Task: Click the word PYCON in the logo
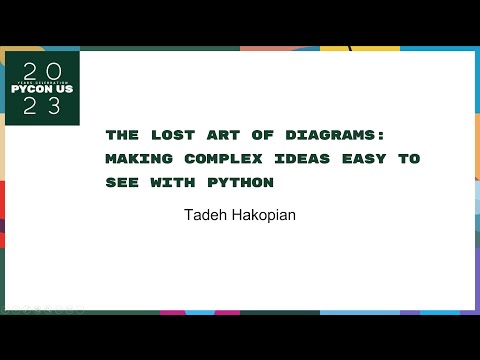coord(30,88)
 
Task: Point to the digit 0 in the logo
coord(56,70)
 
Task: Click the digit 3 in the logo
coord(56,107)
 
